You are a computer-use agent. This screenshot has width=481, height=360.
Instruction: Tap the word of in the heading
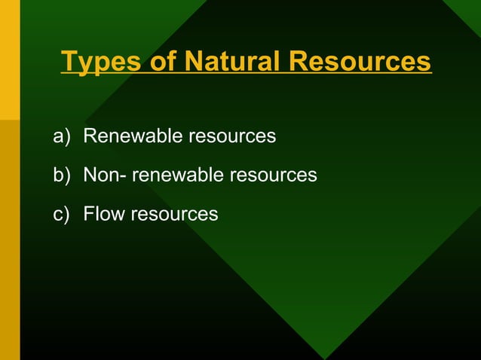tap(162, 62)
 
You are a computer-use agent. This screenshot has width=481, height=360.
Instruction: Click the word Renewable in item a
tap(133, 136)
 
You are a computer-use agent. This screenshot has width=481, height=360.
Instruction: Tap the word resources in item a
tap(231, 136)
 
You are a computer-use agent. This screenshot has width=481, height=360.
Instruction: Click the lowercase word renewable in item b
tap(178, 175)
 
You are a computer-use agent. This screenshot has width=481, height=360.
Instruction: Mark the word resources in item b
tap(273, 175)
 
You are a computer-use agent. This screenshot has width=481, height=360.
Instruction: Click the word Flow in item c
tap(104, 215)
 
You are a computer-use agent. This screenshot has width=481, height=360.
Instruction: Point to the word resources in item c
tap(174, 215)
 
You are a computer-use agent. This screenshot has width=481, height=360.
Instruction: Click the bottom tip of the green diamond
tap(325, 355)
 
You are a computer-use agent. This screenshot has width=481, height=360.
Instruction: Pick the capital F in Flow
tap(88, 215)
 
